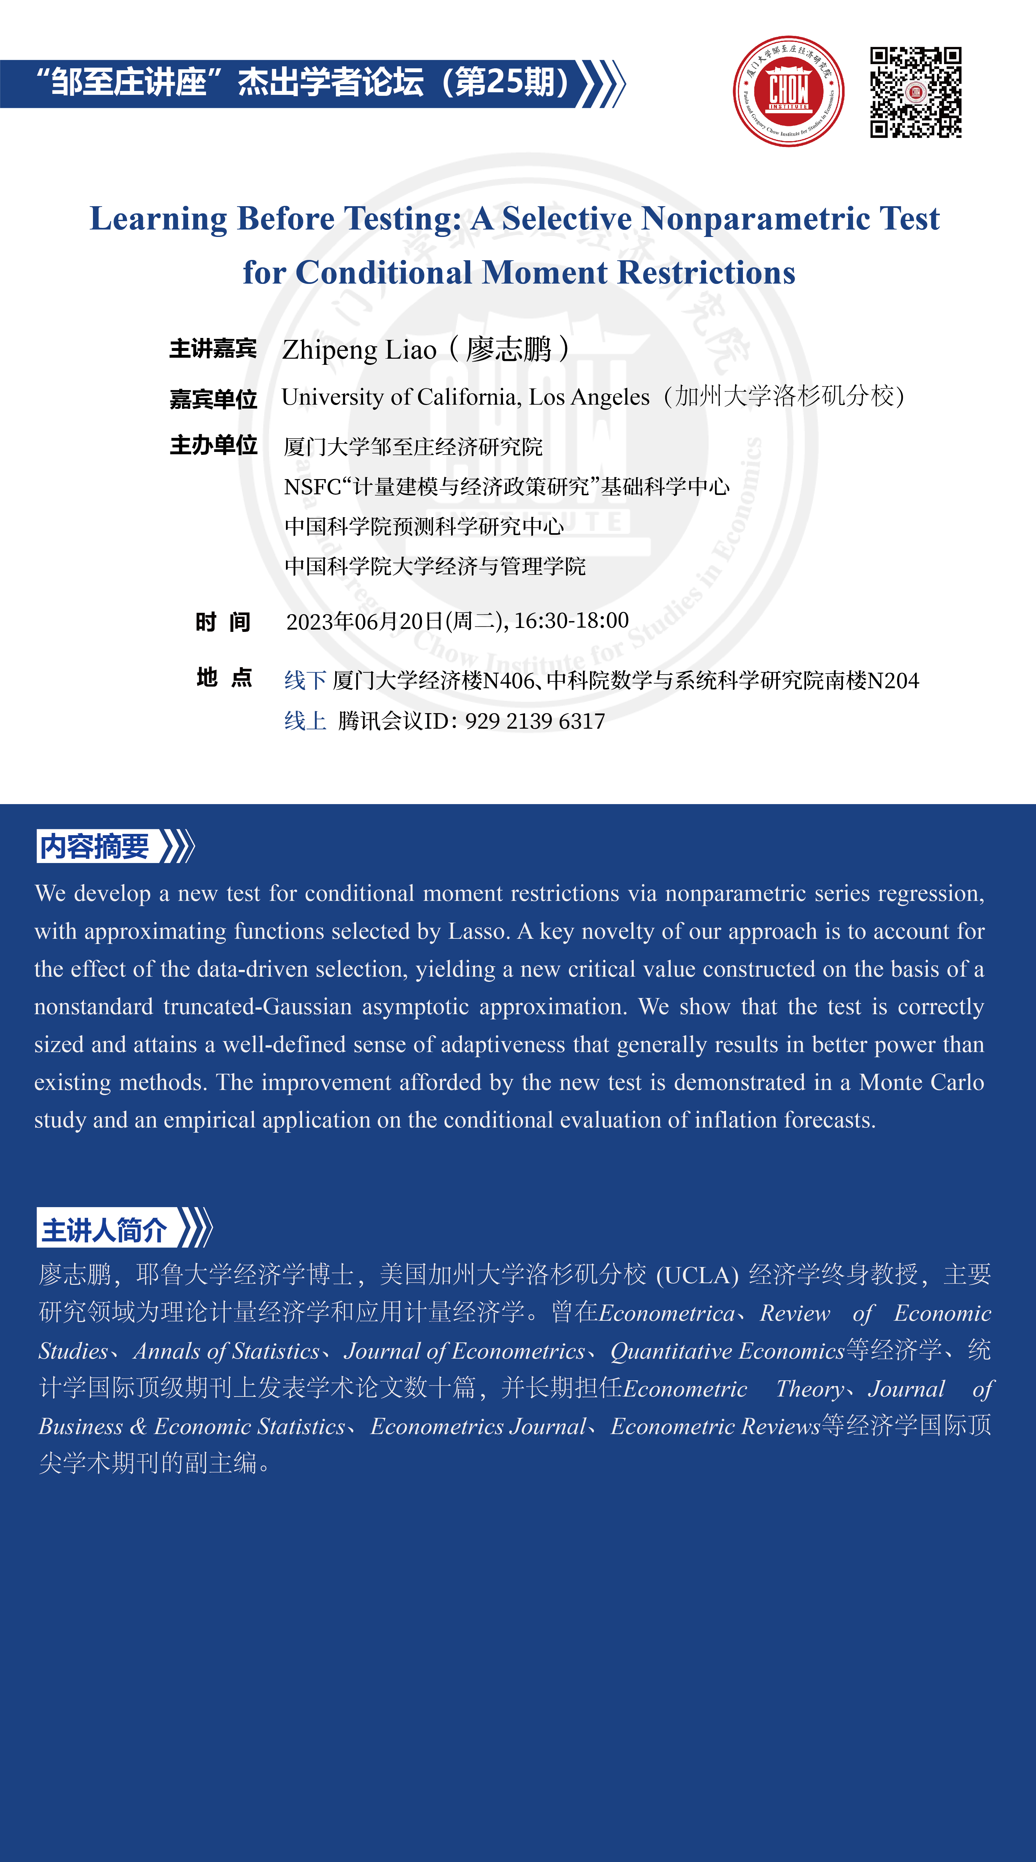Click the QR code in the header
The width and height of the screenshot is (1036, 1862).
tap(915, 92)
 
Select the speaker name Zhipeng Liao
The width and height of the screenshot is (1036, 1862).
tap(359, 350)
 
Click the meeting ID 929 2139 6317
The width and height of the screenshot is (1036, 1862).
tap(535, 721)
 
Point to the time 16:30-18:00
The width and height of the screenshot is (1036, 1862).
tap(571, 620)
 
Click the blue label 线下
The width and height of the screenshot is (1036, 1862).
tap(305, 680)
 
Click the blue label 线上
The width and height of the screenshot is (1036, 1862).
tap(305, 721)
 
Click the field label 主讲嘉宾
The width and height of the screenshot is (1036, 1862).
tap(212, 348)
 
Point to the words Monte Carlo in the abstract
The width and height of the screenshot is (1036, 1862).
tap(921, 1082)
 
